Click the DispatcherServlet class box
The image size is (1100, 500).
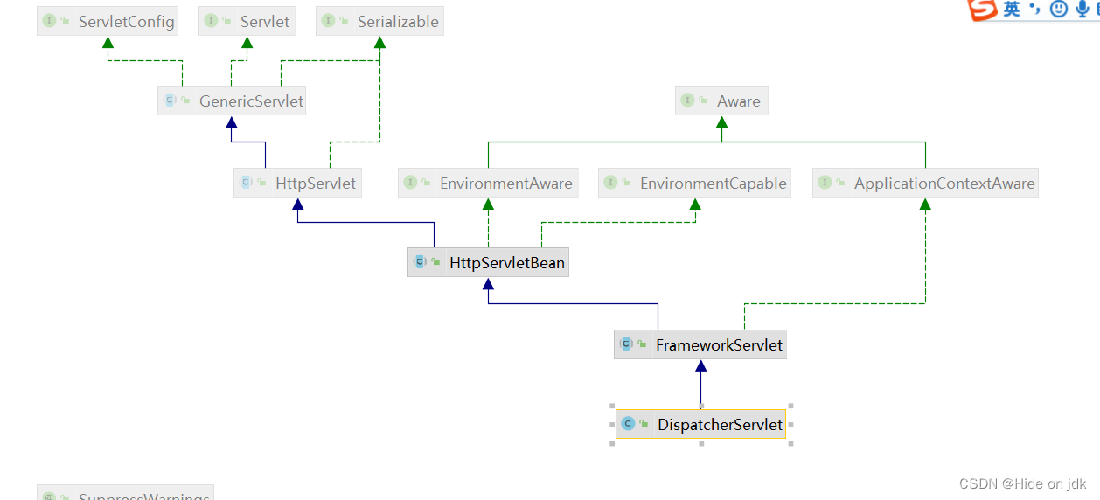(700, 425)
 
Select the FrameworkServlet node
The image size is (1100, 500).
(700, 344)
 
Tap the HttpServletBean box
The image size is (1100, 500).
(488, 262)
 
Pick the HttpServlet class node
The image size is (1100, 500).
(297, 183)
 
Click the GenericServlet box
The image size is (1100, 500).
(232, 101)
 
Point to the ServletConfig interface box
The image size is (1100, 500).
(108, 21)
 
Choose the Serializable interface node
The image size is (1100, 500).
(379, 21)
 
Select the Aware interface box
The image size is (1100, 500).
(721, 101)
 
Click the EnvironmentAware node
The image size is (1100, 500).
(488, 183)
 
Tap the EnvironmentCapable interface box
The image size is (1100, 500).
(695, 183)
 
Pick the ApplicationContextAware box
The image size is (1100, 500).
(925, 183)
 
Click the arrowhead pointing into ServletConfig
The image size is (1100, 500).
(108, 43)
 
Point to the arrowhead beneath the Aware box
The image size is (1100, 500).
(721, 122)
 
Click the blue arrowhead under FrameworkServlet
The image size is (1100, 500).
(700, 366)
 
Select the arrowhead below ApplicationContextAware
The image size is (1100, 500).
(925, 205)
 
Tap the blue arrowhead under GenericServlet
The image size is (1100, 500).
(232, 122)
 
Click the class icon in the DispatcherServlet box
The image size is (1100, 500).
(628, 425)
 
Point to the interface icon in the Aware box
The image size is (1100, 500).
(687, 101)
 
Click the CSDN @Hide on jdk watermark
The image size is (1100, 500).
(1022, 483)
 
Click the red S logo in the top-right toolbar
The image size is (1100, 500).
(983, 9)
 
